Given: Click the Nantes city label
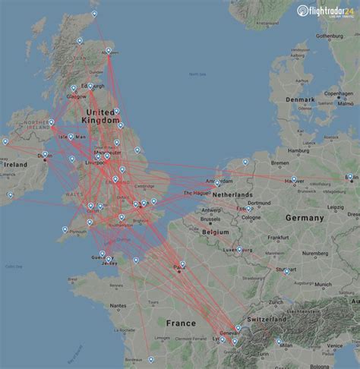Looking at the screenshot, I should pyautogui.click(x=115, y=305).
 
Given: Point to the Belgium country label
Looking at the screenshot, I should pyautogui.click(x=214, y=230).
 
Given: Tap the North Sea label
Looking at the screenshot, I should pyautogui.click(x=197, y=74).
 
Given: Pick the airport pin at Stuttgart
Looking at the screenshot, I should pyautogui.click(x=286, y=270).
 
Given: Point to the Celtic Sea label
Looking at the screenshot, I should pyautogui.click(x=14, y=266).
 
